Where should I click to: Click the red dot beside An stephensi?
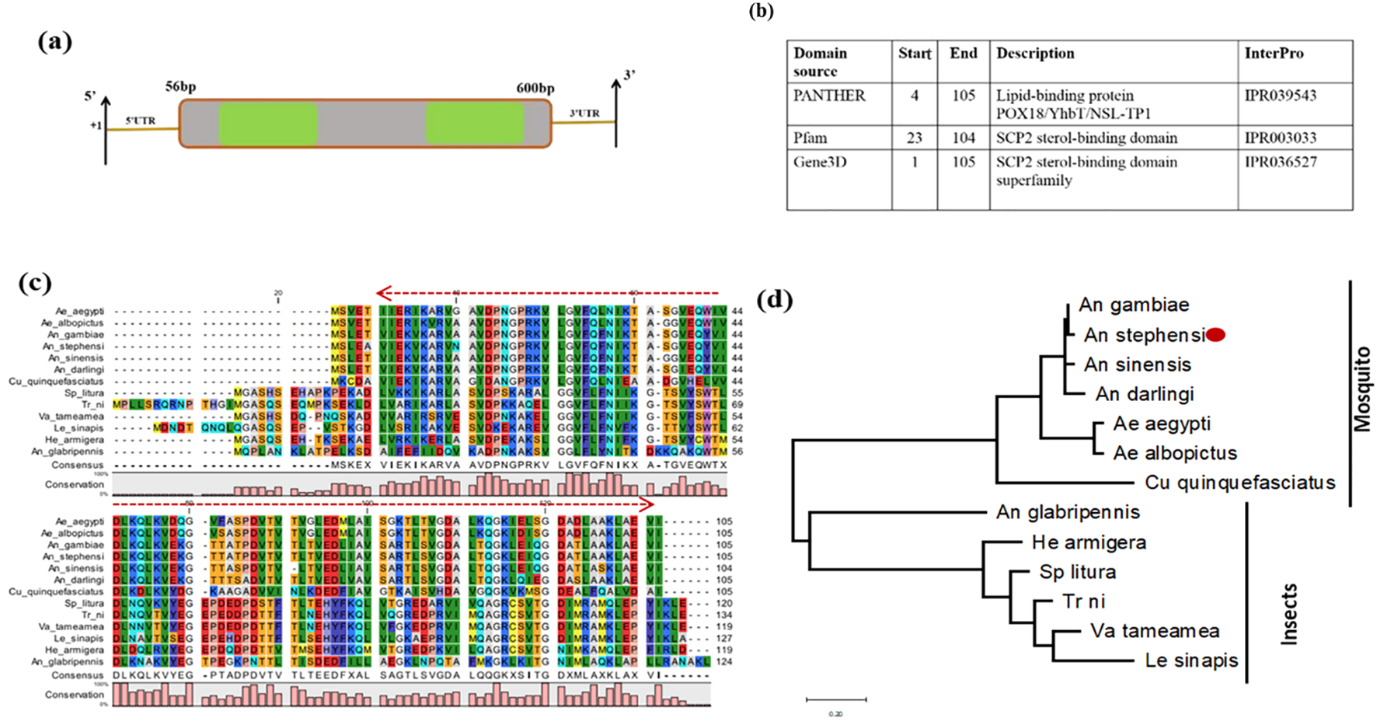(x=1216, y=335)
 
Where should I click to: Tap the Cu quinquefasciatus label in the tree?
(x=1239, y=483)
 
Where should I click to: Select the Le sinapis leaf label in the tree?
(x=1191, y=661)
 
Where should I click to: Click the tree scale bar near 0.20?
(x=836, y=700)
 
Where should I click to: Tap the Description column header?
(x=1035, y=54)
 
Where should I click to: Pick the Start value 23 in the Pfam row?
(x=914, y=138)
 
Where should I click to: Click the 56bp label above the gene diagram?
(x=180, y=86)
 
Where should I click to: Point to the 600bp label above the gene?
(x=535, y=88)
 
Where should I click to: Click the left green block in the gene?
(x=268, y=124)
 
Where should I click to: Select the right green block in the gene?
(x=474, y=124)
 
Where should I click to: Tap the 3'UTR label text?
(x=584, y=113)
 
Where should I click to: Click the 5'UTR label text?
(x=141, y=120)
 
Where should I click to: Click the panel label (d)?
(x=775, y=299)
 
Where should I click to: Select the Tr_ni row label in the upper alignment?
(x=92, y=405)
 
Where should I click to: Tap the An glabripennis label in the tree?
(x=1068, y=512)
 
